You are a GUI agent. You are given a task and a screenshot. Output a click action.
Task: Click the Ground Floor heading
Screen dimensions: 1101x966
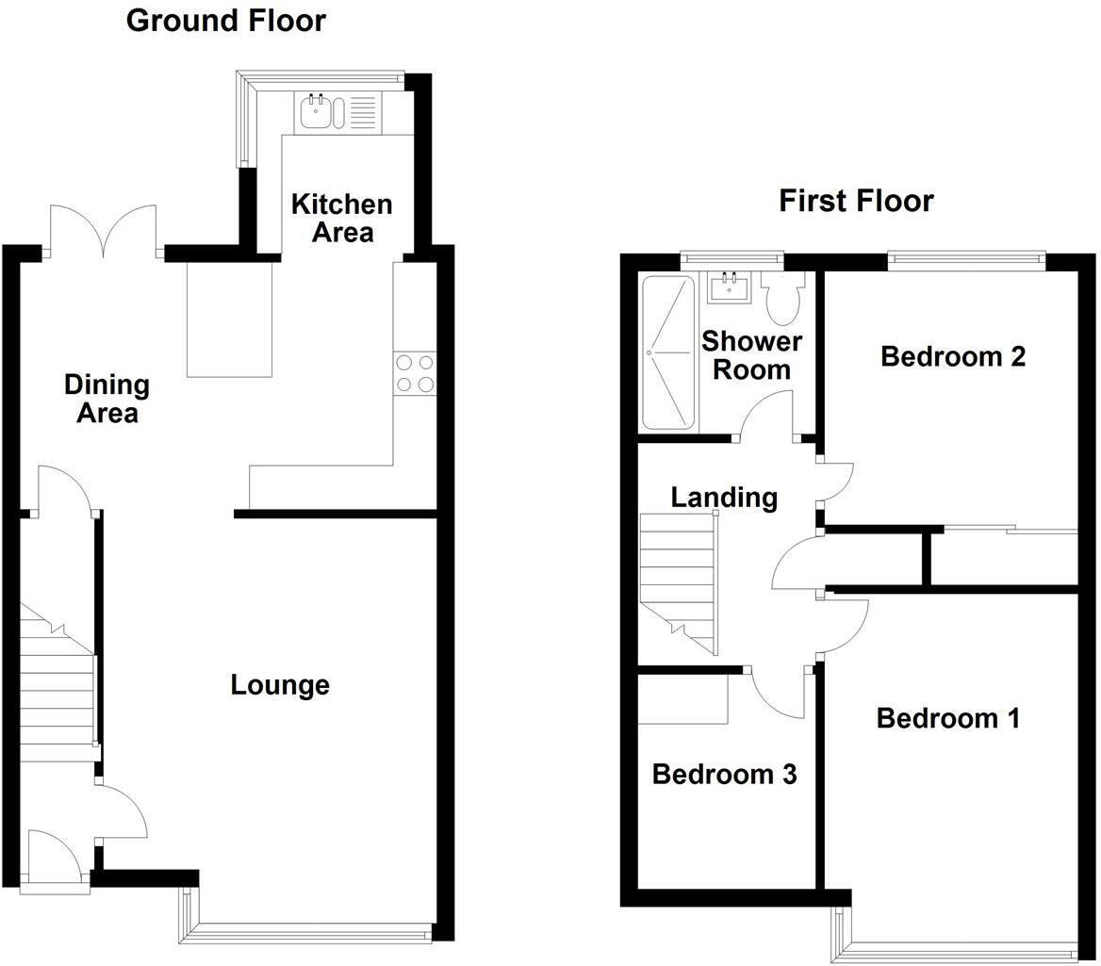226,21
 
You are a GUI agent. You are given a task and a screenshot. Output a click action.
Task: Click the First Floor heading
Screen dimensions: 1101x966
856,202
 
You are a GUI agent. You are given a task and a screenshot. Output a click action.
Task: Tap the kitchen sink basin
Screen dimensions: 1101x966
315,111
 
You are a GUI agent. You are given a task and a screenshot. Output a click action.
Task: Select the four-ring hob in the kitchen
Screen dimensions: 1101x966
415,373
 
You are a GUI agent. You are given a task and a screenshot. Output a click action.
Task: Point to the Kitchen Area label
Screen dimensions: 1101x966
342,219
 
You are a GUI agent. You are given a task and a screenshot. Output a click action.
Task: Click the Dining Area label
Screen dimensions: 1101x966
107,399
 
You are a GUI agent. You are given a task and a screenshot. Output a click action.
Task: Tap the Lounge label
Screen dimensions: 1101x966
280,685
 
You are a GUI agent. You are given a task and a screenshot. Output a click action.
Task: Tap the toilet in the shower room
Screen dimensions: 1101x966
784,298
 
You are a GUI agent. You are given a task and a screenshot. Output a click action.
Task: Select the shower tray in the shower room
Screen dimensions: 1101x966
668,352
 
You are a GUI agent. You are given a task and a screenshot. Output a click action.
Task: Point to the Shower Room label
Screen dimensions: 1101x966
751,355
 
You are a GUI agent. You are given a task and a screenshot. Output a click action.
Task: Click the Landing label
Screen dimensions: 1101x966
724,498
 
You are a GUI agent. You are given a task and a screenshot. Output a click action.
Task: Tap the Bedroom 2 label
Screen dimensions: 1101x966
953,356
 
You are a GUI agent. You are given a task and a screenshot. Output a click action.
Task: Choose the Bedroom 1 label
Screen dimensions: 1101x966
948,718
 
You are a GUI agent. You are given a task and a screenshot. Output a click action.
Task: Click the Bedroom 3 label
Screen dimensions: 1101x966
724,775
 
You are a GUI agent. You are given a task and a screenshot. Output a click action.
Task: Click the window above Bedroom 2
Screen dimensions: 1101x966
967,259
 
